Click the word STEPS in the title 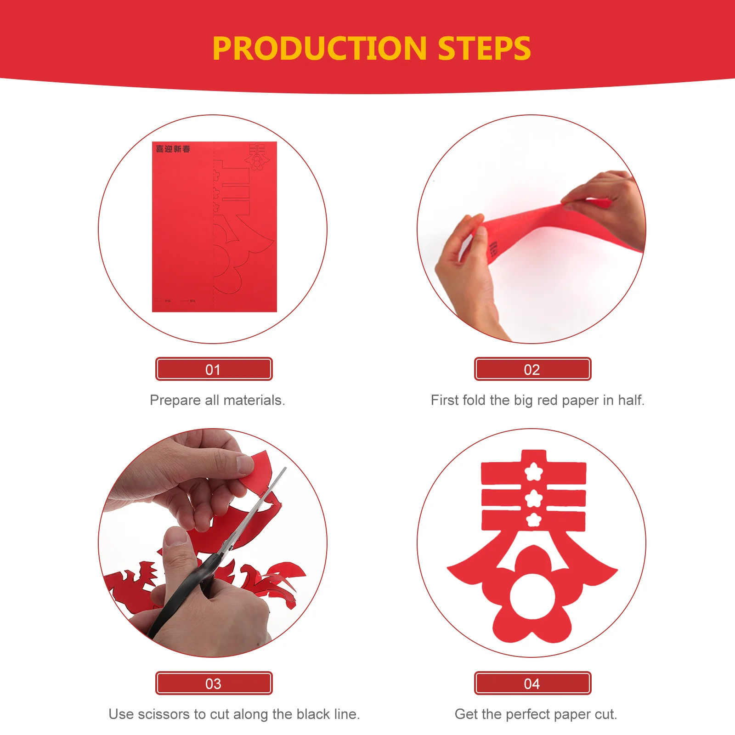pyautogui.click(x=484, y=49)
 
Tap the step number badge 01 pyautogui.click(x=214, y=369)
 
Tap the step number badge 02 pyautogui.click(x=532, y=369)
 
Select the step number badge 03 pyautogui.click(x=214, y=684)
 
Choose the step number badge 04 pyautogui.click(x=532, y=684)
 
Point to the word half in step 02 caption pyautogui.click(x=631, y=400)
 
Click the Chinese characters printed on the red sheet pyautogui.click(x=173, y=149)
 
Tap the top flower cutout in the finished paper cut pyautogui.click(x=533, y=471)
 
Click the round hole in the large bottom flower pyautogui.click(x=533, y=596)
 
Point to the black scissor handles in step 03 pyautogui.click(x=184, y=593)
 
